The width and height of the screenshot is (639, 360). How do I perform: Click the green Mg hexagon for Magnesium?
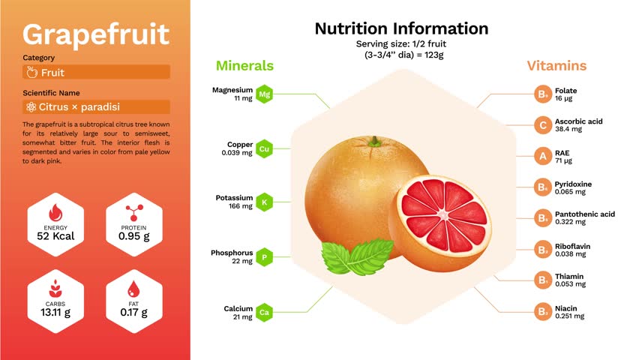tap(264, 94)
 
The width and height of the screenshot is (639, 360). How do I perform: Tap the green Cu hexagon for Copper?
tap(264, 148)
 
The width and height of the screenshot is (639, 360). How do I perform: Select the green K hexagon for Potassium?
tap(264, 202)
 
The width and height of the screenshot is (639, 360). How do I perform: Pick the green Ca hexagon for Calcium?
tap(264, 312)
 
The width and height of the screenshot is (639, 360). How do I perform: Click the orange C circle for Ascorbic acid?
tap(543, 125)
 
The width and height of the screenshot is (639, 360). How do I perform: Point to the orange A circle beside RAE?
tap(543, 156)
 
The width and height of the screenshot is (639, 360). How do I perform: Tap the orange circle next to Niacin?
tap(543, 312)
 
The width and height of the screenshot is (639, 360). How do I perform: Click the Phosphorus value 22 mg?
tap(242, 261)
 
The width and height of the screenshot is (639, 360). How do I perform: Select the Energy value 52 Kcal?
tap(55, 236)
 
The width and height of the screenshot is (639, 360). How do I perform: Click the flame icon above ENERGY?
tap(55, 213)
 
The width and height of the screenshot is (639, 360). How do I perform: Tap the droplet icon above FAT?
tap(133, 289)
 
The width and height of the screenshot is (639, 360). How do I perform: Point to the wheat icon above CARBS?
tap(55, 289)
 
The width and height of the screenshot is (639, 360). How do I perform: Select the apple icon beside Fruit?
tap(31, 72)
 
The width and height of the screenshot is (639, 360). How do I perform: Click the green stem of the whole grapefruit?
tap(374, 142)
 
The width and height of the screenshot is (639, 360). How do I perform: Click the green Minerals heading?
tap(244, 66)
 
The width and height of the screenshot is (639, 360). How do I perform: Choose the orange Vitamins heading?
tap(556, 66)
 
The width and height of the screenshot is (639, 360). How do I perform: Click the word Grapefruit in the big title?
tap(96, 35)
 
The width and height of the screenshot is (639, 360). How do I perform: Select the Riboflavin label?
tap(572, 246)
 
